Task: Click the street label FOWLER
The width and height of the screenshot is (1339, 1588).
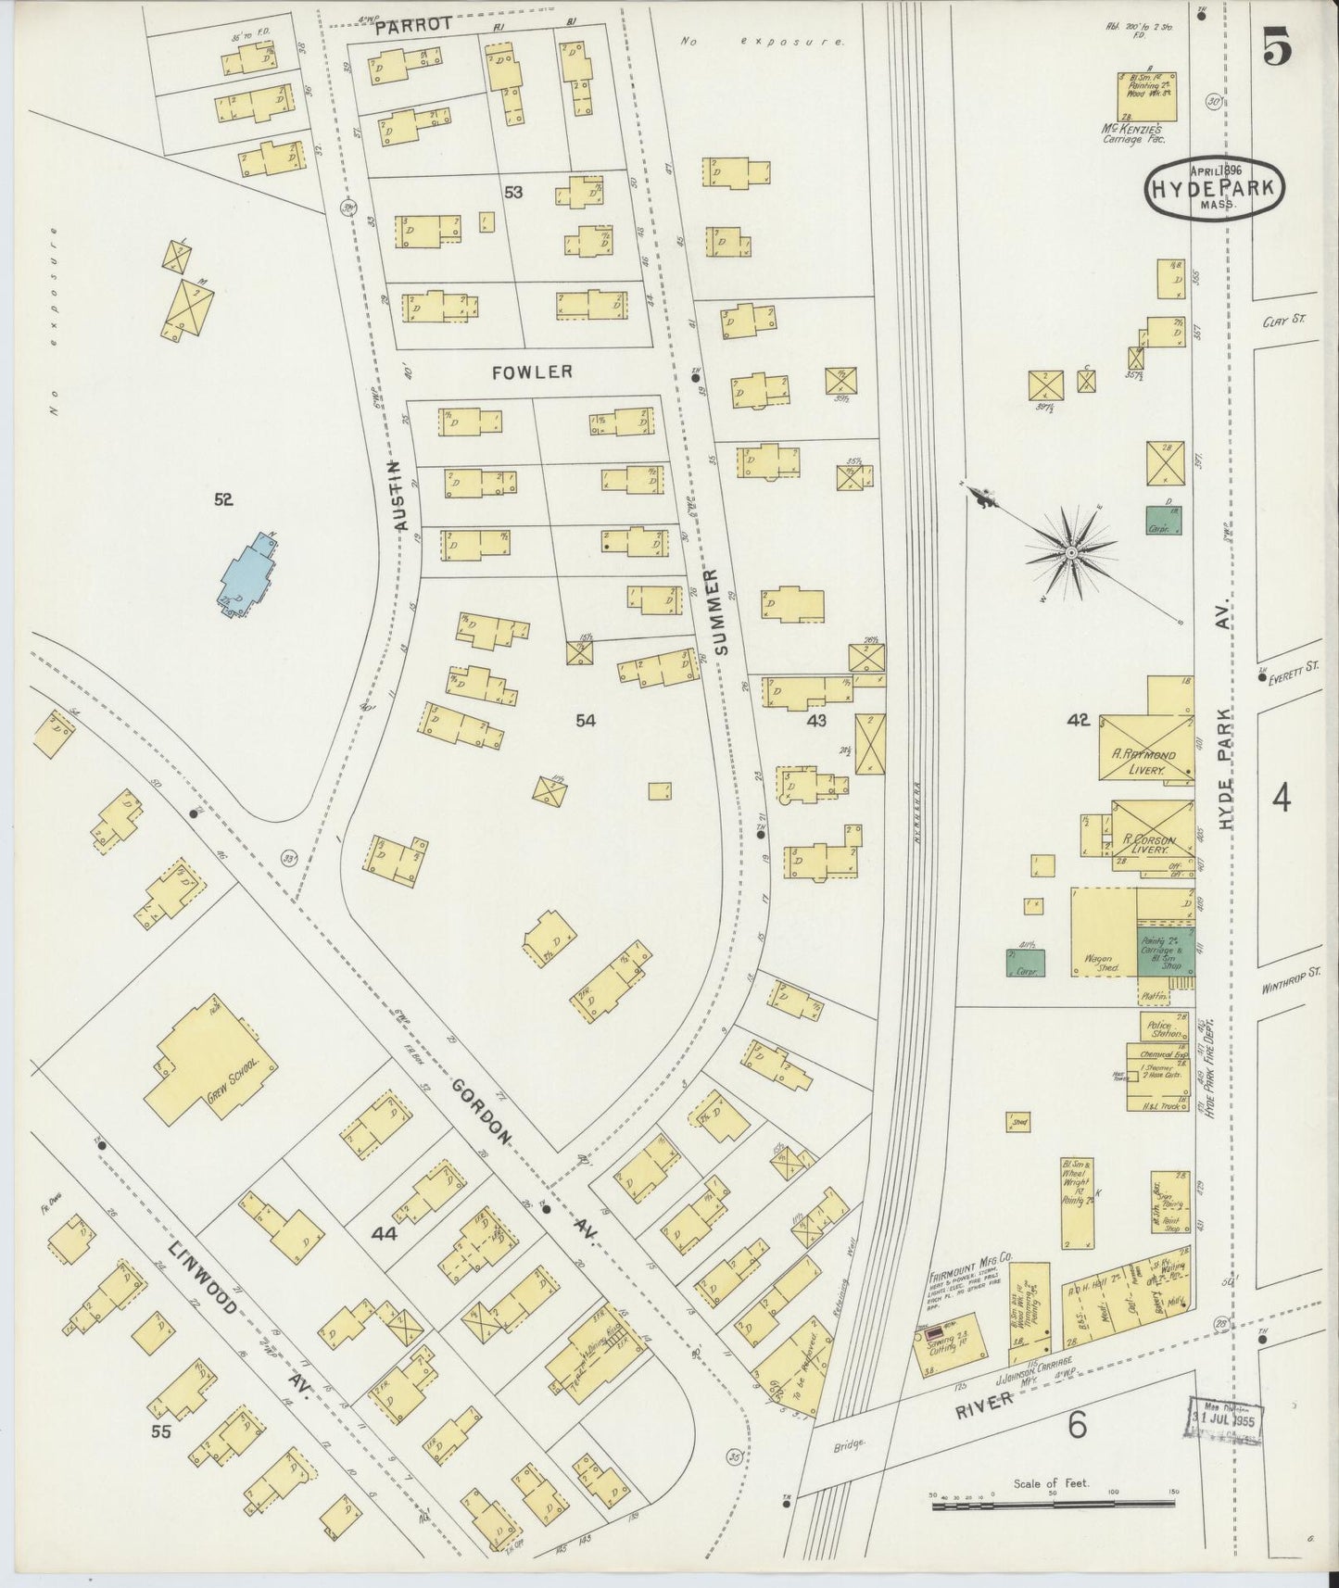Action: (x=532, y=372)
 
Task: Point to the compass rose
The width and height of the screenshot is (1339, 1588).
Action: (x=1071, y=552)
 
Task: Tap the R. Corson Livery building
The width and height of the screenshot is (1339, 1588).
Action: (x=1149, y=836)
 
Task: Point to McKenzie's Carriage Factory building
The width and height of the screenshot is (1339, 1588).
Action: (x=1146, y=96)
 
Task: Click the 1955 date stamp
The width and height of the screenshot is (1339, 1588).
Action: (x=1223, y=1416)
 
